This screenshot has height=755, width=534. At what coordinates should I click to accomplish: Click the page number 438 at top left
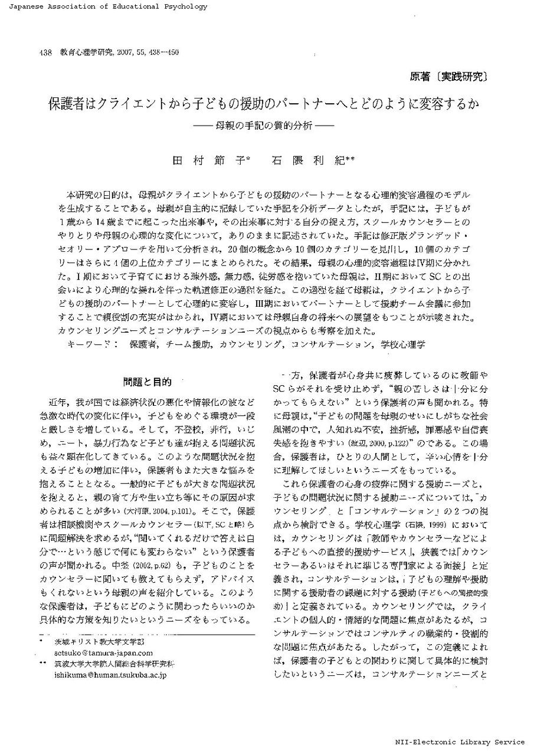tap(47, 52)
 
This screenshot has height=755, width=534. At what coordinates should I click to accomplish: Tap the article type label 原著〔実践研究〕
tap(448, 76)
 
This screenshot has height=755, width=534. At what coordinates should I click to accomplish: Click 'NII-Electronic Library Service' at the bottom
tap(460, 742)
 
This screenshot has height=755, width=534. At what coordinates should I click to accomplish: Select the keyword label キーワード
tap(89, 343)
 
